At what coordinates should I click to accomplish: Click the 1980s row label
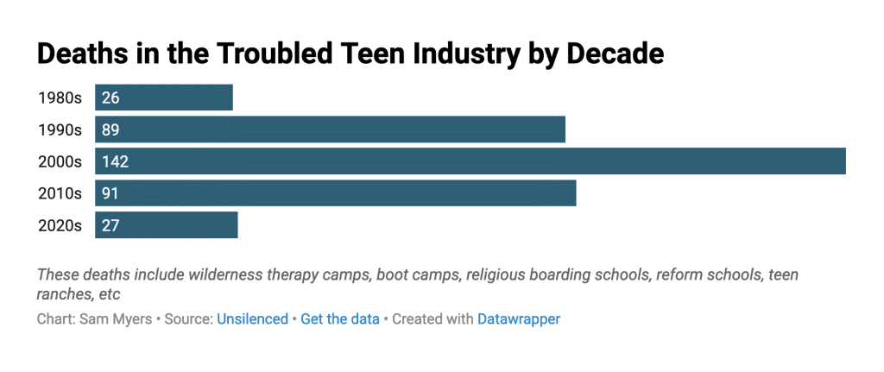tap(60, 98)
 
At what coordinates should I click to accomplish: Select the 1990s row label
tap(60, 129)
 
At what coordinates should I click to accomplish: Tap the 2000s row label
tap(60, 161)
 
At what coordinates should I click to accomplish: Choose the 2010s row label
tap(60, 193)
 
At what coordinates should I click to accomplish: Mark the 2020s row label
tap(60, 225)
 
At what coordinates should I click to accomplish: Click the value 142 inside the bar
tap(115, 161)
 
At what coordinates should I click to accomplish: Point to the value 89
tap(110, 129)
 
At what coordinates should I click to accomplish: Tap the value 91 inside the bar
tap(110, 193)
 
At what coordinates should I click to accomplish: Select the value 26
tap(110, 98)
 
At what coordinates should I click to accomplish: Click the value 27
tap(110, 225)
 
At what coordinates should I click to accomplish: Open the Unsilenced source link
tap(252, 319)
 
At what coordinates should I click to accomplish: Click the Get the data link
tap(340, 319)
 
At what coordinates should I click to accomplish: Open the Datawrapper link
tap(519, 319)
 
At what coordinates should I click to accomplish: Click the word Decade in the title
tap(614, 54)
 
